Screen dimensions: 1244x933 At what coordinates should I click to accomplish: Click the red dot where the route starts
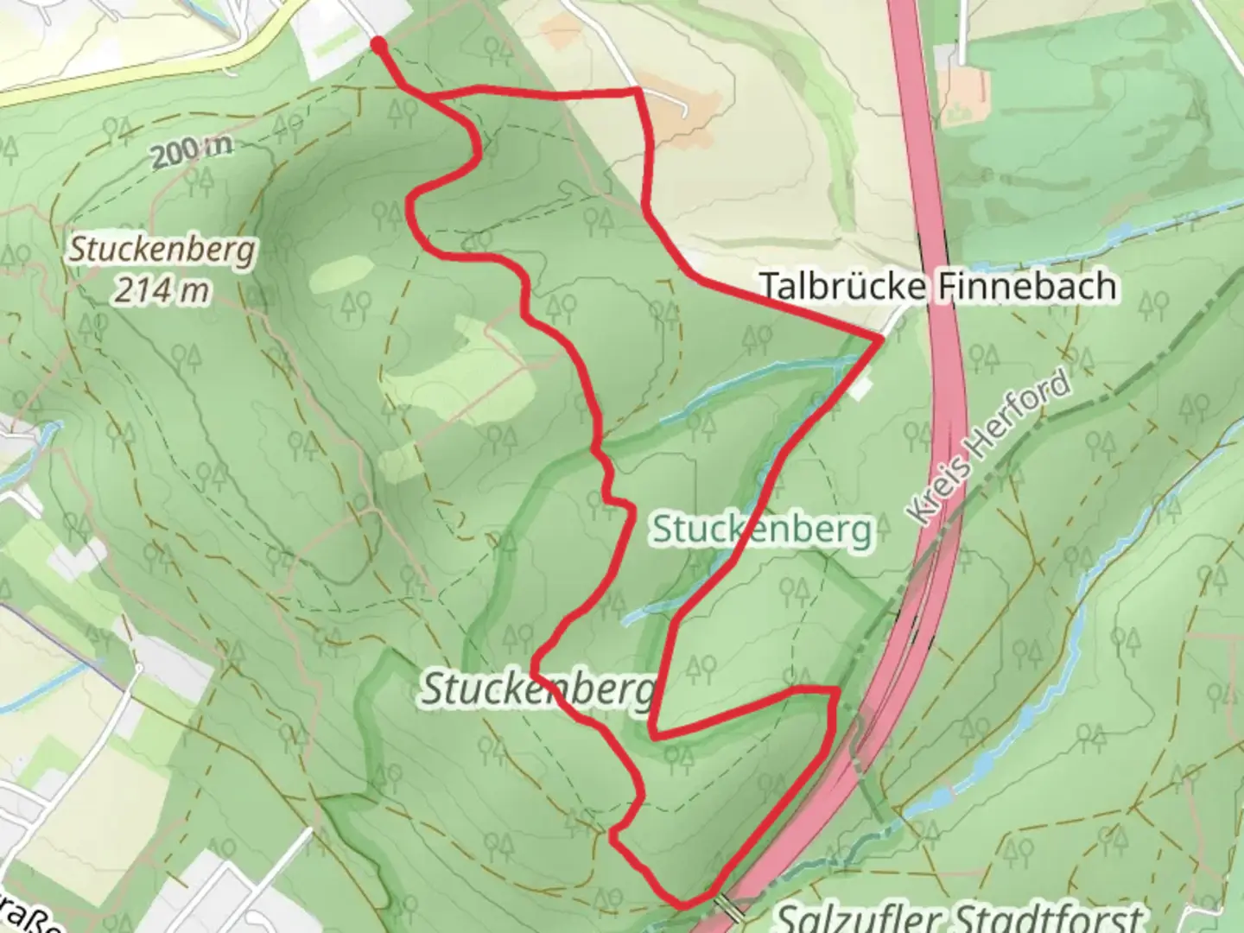tap(378, 44)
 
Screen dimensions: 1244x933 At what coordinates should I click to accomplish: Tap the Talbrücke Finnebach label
tap(937, 286)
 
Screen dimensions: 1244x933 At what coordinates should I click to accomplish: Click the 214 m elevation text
tap(162, 290)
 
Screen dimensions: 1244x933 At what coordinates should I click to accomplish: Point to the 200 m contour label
tap(191, 153)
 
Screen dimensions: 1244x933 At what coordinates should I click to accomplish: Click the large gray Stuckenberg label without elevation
tap(536, 689)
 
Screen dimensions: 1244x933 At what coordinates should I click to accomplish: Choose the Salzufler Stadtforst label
tap(959, 916)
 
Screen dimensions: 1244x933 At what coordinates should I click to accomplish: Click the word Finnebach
tap(1028, 286)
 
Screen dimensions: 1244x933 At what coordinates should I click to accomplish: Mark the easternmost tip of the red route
tap(879, 340)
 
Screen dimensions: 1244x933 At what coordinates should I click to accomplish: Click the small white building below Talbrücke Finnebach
tap(860, 390)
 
